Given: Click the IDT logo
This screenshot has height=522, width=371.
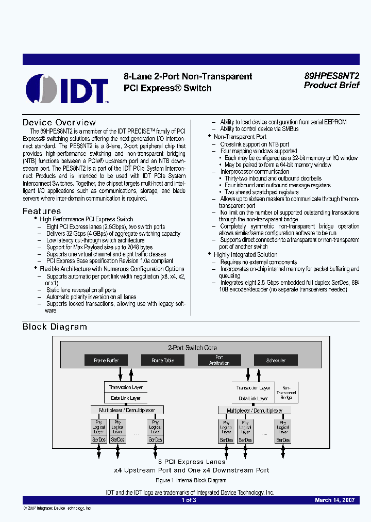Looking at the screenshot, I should pos(67,88).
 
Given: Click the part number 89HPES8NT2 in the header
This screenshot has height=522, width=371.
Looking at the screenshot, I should pos(331,75).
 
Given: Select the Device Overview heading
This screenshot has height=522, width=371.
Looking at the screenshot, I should pos(59,123).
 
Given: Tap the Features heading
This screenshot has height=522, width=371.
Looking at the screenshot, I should pos(42,211).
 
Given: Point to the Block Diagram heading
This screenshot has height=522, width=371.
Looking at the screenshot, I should pos(55,327).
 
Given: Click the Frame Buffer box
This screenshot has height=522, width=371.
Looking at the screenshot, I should pos(107,361).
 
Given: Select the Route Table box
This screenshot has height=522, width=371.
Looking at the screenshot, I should pos(162,361).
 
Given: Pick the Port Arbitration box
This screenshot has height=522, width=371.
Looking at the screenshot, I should pos(219,361).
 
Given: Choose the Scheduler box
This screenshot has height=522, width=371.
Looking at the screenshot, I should pos(276,361).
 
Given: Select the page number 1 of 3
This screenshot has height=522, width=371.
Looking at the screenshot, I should pos(189,500).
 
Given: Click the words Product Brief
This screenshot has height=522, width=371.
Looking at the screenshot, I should pos(331,86).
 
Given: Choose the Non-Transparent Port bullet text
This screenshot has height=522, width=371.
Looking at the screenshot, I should pos(240,137).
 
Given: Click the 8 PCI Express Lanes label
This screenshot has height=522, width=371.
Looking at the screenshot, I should pos(192,462).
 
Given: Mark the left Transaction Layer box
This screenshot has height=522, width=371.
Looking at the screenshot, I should pos(126,387).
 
